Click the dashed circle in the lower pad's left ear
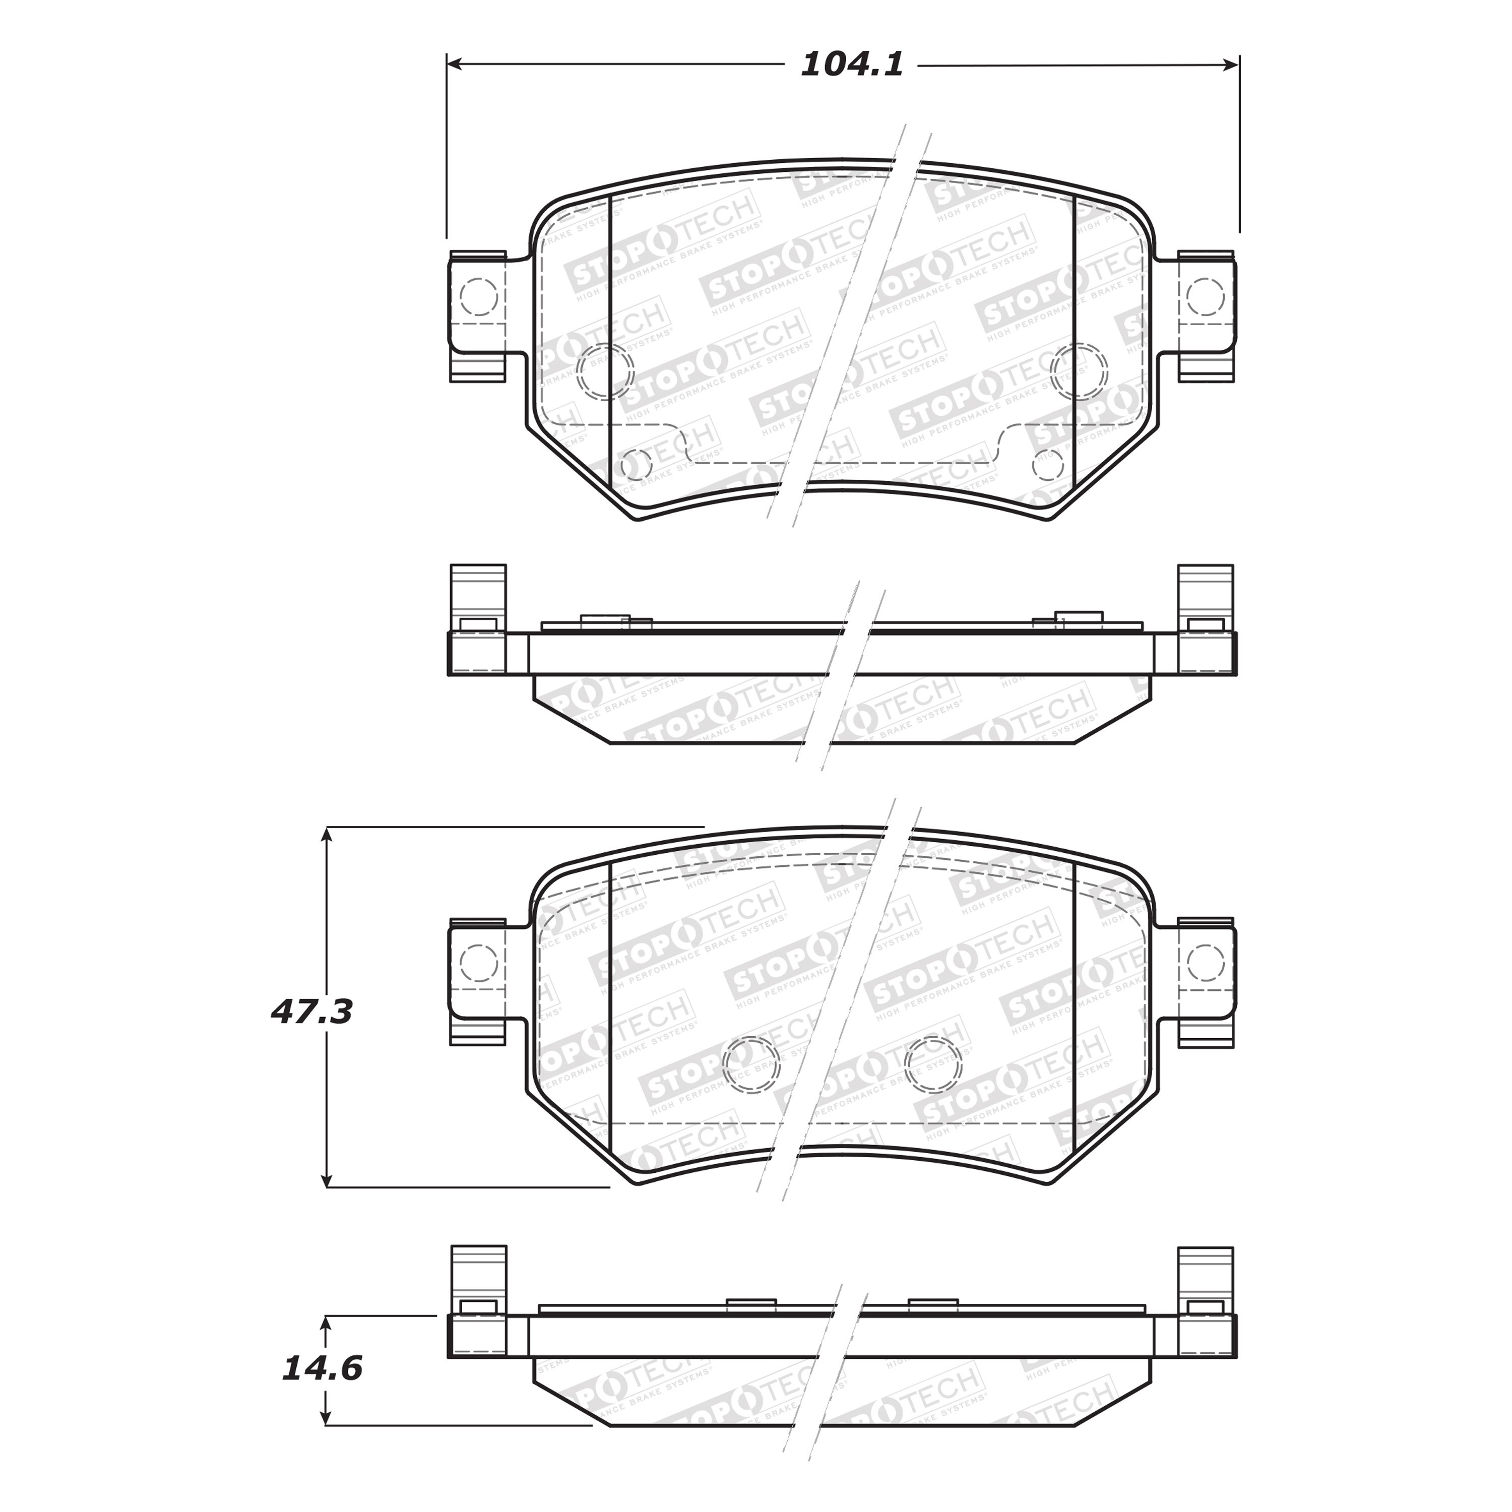479,963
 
